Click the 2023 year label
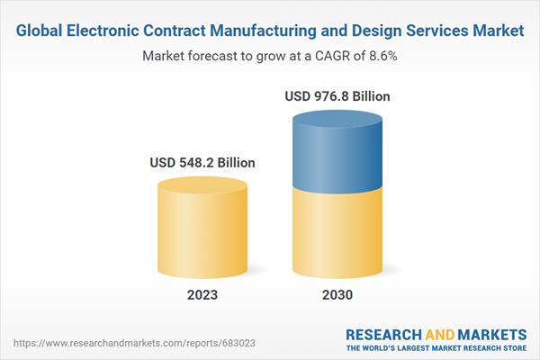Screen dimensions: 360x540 (202, 294)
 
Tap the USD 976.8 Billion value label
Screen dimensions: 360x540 (337, 96)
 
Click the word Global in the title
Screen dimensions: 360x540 (42, 31)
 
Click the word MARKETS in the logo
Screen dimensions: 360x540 (491, 334)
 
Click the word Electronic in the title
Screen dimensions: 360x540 (105, 31)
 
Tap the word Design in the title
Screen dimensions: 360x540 (375, 31)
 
